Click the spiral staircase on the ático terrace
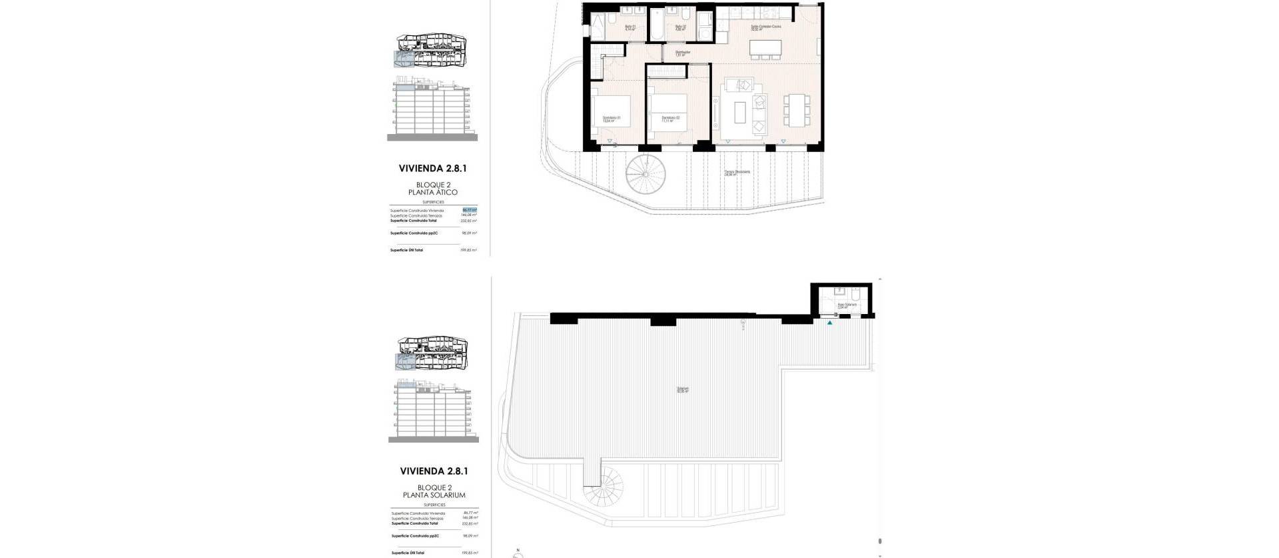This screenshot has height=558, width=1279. tap(645, 174)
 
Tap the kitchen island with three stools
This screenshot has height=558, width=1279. tap(765, 49)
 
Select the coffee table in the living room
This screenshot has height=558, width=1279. tap(740, 112)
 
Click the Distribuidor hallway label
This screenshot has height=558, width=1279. tap(682, 53)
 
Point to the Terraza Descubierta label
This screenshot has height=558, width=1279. tap(737, 173)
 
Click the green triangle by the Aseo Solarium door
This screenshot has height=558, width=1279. tap(829, 323)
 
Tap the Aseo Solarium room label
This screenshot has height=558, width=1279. tap(845, 305)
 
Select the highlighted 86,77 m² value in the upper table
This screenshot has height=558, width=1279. tap(470, 210)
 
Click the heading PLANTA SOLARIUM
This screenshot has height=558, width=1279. tap(434, 495)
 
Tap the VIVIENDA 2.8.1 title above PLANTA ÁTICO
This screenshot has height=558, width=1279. tap(433, 169)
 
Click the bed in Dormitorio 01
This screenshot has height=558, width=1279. tap(611, 113)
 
